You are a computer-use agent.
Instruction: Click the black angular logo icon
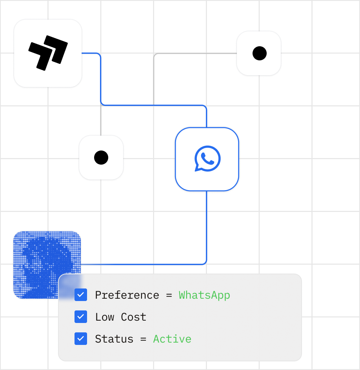coord(48,53)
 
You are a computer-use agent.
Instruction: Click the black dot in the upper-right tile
coord(260,53)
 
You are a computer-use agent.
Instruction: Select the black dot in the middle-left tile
coord(101,158)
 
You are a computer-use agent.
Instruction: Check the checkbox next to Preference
coord(81,295)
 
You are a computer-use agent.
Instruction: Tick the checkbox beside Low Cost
coord(81,317)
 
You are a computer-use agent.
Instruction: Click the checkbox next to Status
coord(81,339)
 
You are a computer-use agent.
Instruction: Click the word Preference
coord(127,295)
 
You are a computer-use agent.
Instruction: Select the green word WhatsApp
coord(204,296)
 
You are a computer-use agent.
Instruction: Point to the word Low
coord(105,317)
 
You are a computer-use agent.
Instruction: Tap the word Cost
coord(134,317)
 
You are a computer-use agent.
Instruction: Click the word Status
coord(114,339)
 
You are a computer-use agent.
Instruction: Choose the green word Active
coord(172,339)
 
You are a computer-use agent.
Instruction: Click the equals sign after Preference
coord(169,295)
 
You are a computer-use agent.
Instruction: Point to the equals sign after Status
coord(143,339)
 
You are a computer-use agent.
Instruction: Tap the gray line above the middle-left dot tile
coord(101,120)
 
